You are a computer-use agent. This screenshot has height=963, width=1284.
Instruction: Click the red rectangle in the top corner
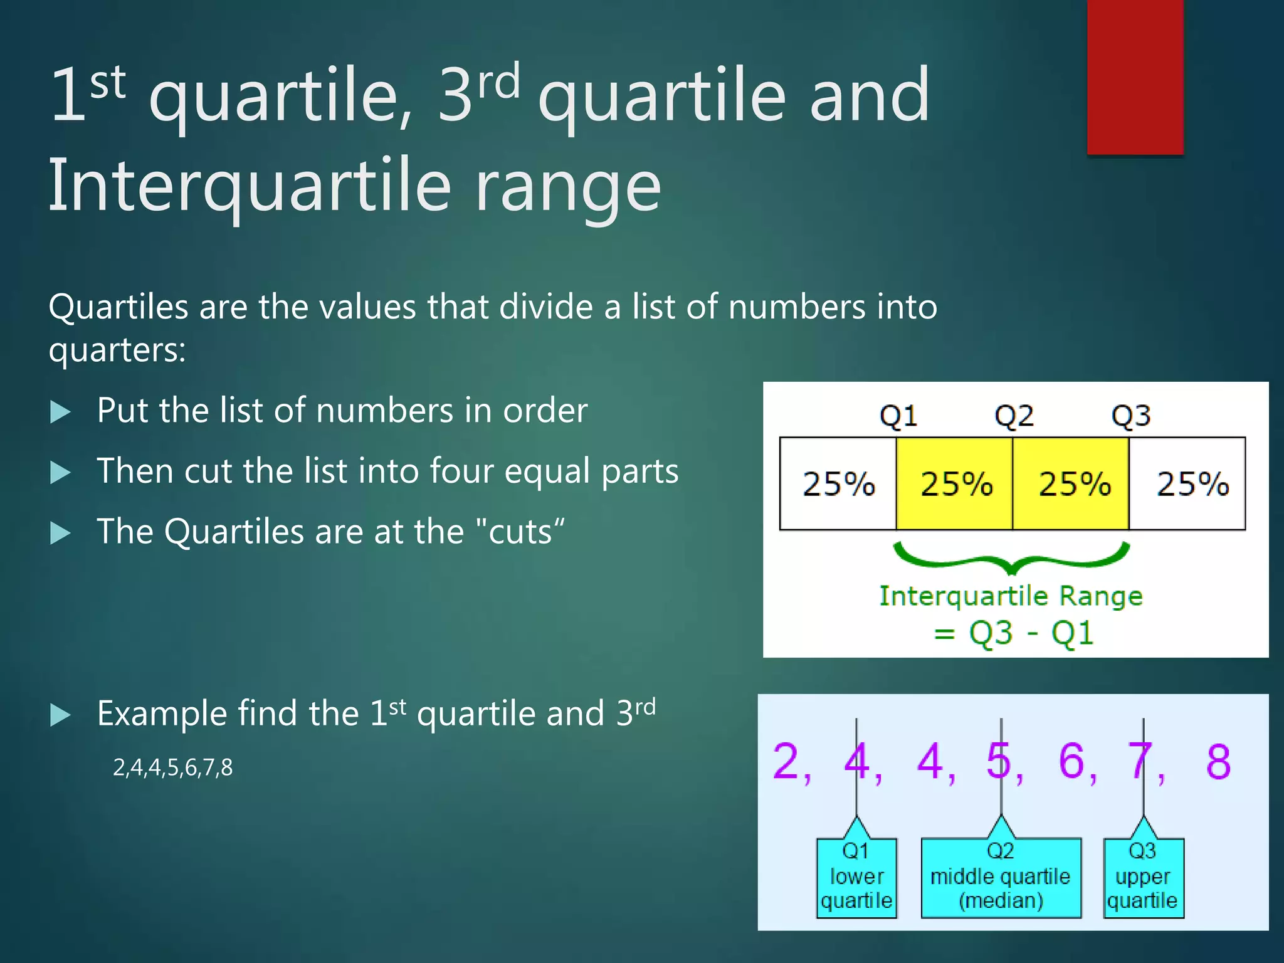1135,76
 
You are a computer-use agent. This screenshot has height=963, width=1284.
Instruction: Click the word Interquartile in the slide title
250,185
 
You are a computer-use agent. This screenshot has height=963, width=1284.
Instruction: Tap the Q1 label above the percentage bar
898,416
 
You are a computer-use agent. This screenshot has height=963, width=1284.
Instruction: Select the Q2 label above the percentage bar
1014,416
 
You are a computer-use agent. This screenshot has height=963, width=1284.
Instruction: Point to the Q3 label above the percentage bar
1130,416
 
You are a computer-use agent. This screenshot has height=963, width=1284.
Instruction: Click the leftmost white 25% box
838,484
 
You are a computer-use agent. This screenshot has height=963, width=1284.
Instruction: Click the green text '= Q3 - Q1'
1013,633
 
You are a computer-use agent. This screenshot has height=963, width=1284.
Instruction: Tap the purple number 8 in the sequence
1218,762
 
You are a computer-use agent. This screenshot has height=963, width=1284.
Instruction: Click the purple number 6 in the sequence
1071,762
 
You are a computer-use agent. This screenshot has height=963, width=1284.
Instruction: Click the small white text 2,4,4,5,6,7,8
172,767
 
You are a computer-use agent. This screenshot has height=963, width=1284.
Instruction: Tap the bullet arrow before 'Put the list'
60,413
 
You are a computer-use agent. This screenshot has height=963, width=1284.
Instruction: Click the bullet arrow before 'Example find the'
60,715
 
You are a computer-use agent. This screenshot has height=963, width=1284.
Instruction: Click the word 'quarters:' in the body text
117,349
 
